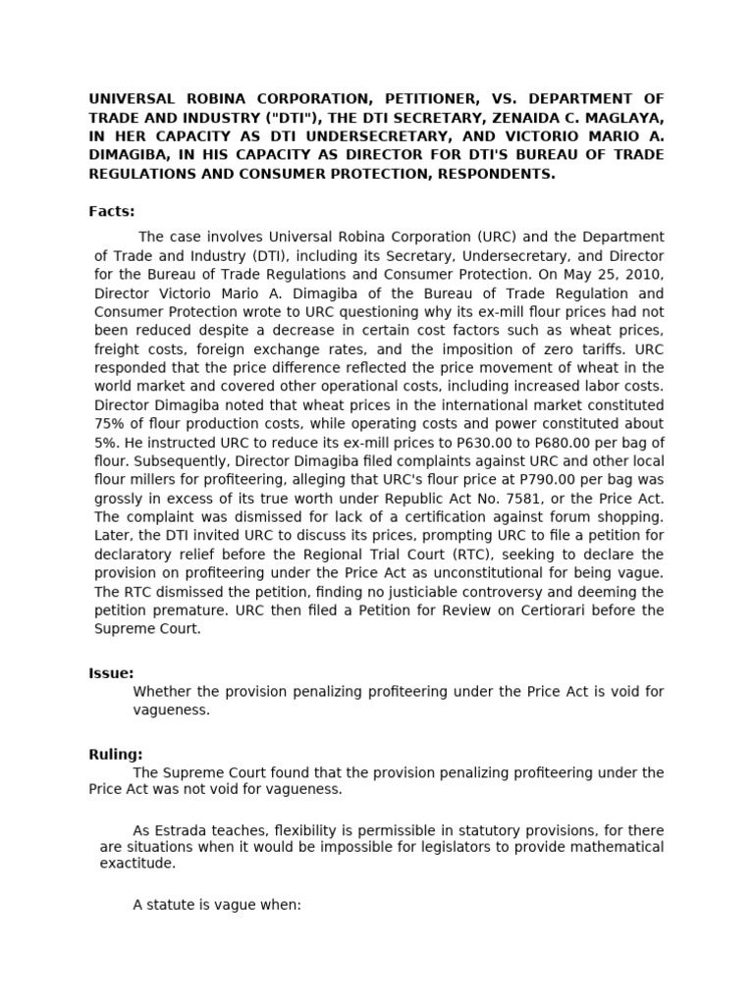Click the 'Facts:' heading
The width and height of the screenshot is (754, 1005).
112,211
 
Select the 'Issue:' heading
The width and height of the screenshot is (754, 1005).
111,673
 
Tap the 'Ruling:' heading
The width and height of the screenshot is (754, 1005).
115,755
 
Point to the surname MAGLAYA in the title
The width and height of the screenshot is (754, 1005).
622,119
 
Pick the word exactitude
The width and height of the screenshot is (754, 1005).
137,865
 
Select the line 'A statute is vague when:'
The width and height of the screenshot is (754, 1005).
216,905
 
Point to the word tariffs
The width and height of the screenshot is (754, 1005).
581,348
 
